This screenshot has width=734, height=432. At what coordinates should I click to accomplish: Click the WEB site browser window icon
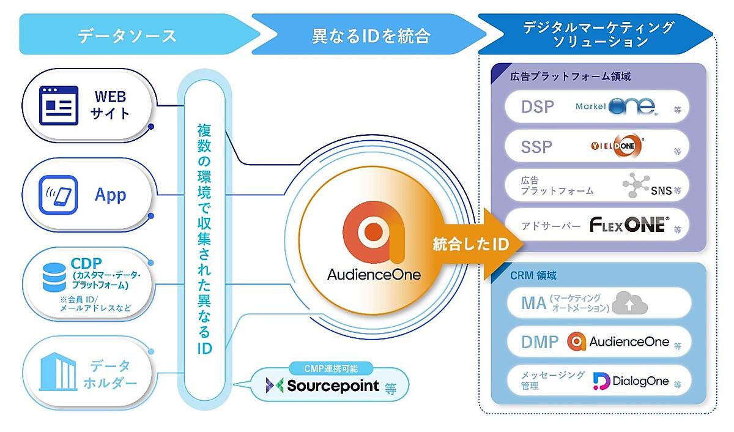coord(59,105)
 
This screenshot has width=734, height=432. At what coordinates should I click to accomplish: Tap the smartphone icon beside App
coord(59,195)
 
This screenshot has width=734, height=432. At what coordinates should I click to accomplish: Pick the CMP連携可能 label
coord(330,368)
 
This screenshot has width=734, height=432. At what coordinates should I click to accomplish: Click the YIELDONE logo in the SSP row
coord(617,146)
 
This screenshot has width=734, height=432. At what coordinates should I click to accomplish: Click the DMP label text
coord(540,342)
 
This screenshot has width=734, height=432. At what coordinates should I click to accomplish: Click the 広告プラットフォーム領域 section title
coord(570,77)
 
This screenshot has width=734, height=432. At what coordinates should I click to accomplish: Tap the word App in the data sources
coord(110,195)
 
